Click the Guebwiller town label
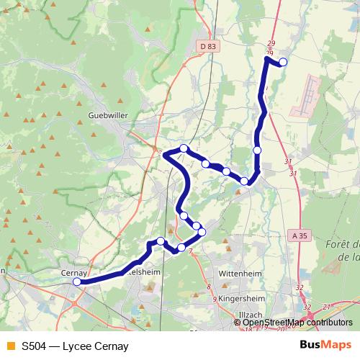click(107, 114)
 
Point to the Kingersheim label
click(238, 296)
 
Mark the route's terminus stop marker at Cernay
click(77, 282)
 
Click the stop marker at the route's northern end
click(283, 63)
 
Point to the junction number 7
click(190, 252)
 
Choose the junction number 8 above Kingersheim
click(209, 287)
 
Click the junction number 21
click(326, 307)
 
